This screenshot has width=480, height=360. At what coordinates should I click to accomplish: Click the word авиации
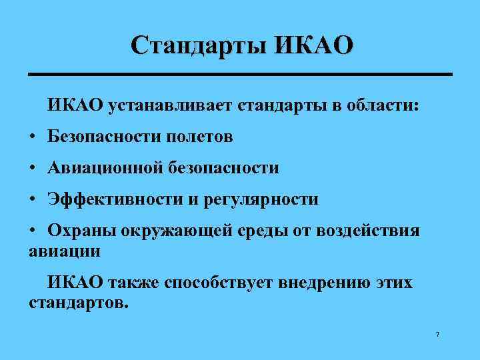pyautogui.click(x=65, y=252)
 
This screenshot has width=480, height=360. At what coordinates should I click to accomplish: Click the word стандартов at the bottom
pyautogui.click(x=76, y=303)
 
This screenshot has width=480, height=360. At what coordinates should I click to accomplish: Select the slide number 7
pyautogui.click(x=437, y=334)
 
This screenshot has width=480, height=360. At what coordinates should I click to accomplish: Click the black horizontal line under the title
pyautogui.click(x=240, y=73)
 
